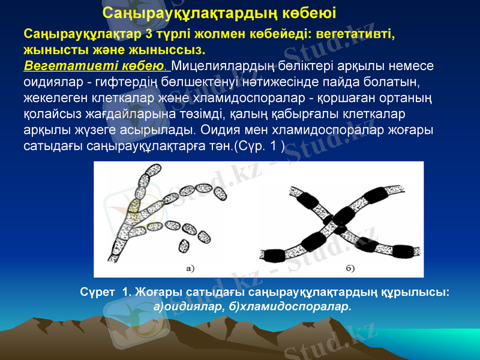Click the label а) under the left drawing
(191, 268)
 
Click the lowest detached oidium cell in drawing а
(184, 246)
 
